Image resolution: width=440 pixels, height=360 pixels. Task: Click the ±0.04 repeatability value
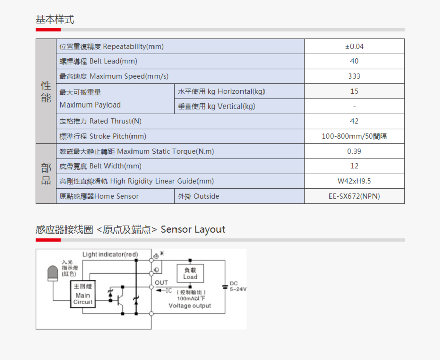tap(354, 47)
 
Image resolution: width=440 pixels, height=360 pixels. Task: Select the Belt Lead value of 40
tap(354, 61)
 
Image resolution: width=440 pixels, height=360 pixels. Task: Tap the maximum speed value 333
tap(354, 76)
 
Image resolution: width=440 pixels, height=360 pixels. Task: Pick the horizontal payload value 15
tap(354, 91)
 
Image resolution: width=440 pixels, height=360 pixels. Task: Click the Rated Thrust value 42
tap(354, 121)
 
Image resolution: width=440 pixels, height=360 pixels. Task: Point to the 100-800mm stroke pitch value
tap(354, 136)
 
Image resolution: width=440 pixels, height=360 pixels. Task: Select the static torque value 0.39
tap(354, 151)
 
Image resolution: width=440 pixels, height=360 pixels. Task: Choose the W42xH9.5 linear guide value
tap(354, 181)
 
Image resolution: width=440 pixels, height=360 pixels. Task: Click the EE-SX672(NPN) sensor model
tap(354, 196)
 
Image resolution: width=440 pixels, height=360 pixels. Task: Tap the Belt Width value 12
tap(354, 166)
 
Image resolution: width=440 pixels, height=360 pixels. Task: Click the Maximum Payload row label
tap(90, 98)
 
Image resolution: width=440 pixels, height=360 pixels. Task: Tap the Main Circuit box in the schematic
tap(83, 295)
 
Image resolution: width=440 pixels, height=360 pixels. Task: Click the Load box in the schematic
tap(190, 273)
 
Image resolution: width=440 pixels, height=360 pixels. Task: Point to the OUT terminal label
tap(161, 283)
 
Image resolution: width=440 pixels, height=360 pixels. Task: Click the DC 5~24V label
tap(237, 286)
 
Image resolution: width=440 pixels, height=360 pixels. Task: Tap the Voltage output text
tap(190, 306)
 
